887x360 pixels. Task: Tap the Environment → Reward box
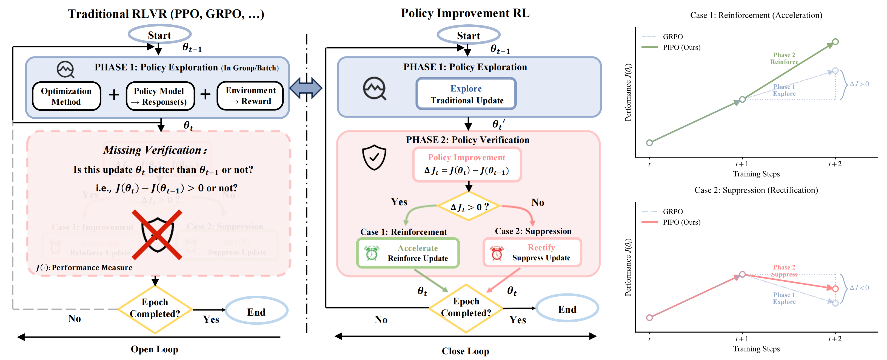pyautogui.click(x=250, y=96)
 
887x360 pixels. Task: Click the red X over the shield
pyautogui.click(x=157, y=235)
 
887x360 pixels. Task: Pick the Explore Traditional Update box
pyautogui.click(x=466, y=94)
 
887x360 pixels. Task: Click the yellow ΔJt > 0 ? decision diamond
pyautogui.click(x=469, y=207)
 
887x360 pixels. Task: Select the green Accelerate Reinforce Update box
pyautogui.click(x=408, y=253)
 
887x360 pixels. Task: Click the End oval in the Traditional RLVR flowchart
pyautogui.click(x=256, y=312)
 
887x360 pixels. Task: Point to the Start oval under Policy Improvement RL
pyautogui.click(x=468, y=35)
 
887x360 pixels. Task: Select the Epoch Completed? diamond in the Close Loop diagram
pyautogui.click(x=466, y=307)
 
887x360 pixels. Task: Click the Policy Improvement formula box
pyautogui.click(x=467, y=164)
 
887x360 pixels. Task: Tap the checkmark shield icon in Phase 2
pyautogui.click(x=374, y=157)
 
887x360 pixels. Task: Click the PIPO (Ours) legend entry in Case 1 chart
pyautogui.click(x=681, y=47)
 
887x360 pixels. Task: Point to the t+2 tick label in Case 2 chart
pyautogui.click(x=835, y=339)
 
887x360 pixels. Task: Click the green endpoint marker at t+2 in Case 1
pyautogui.click(x=835, y=42)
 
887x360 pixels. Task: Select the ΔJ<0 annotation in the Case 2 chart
pyautogui.click(x=859, y=287)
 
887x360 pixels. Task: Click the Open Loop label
pyautogui.click(x=154, y=349)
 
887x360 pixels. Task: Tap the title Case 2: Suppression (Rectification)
pyautogui.click(x=756, y=190)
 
